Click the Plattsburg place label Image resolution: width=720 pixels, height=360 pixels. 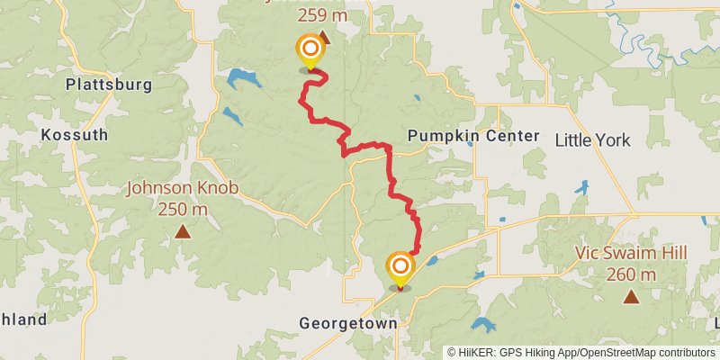108,85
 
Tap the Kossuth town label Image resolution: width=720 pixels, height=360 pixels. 75,135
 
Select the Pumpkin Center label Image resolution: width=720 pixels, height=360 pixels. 473,136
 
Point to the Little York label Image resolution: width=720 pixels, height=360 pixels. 593,139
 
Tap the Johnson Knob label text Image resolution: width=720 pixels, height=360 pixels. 181,189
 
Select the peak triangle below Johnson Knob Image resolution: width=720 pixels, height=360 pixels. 183,232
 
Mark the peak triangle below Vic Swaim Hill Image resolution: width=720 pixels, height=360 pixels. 632,296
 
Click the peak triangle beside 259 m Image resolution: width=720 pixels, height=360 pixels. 323,38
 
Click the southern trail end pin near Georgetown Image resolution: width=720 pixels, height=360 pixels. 400,268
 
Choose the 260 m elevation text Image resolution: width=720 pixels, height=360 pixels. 632,274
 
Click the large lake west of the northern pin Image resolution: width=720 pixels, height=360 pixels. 243,78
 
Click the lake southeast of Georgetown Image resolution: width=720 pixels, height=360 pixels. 481,326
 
